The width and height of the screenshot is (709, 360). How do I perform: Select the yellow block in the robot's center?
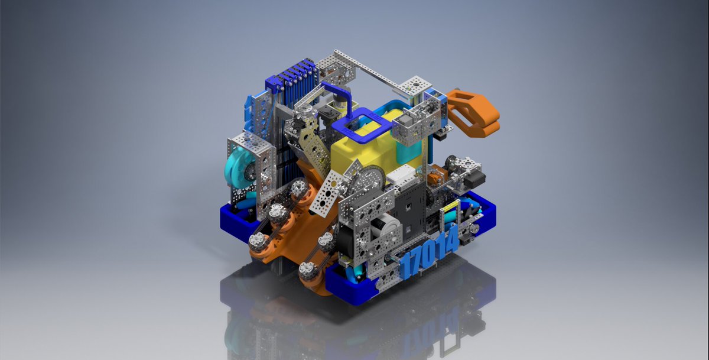377,146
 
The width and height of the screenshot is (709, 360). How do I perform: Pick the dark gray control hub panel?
408,210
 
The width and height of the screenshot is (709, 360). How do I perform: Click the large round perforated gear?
371,180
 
